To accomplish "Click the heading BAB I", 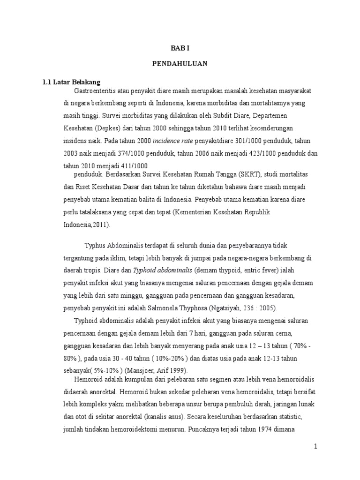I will point(180,48).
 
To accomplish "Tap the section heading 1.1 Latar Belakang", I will point(71,82).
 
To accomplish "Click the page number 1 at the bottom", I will point(316,446).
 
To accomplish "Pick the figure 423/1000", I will point(246,153).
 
